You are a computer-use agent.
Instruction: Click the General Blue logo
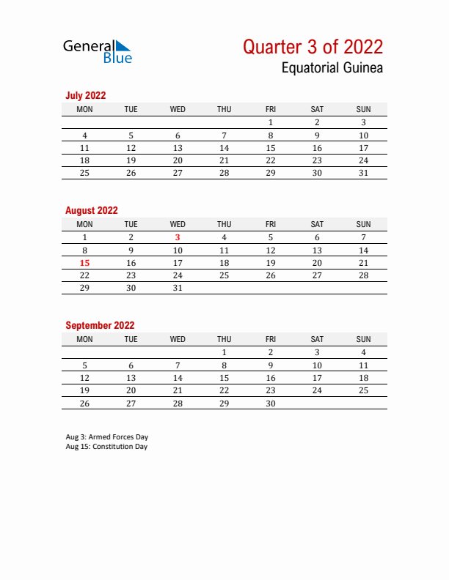tap(98, 50)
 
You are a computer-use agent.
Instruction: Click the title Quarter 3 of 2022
tap(313, 47)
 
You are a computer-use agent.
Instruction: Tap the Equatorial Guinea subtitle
tap(332, 68)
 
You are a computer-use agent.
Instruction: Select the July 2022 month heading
tap(86, 95)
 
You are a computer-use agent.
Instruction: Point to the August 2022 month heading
tap(92, 210)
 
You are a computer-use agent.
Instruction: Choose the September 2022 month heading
tap(100, 325)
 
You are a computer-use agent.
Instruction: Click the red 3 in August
tap(178, 237)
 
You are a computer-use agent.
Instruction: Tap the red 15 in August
tap(84, 263)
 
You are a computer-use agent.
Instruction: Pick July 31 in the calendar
tap(363, 173)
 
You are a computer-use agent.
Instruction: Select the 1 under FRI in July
tap(271, 123)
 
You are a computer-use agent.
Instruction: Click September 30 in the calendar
tap(271, 403)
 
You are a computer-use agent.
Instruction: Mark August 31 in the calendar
tap(178, 288)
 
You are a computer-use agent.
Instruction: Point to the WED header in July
tap(178, 109)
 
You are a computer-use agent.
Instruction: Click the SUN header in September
tap(363, 339)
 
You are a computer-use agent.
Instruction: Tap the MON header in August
tap(84, 224)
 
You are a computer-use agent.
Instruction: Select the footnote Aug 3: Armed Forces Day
tap(107, 437)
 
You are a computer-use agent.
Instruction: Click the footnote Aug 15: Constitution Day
tap(106, 447)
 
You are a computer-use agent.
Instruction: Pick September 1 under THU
tap(224, 352)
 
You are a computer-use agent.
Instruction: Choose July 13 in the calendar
tap(178, 148)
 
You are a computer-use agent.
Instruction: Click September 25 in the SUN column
tap(363, 390)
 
